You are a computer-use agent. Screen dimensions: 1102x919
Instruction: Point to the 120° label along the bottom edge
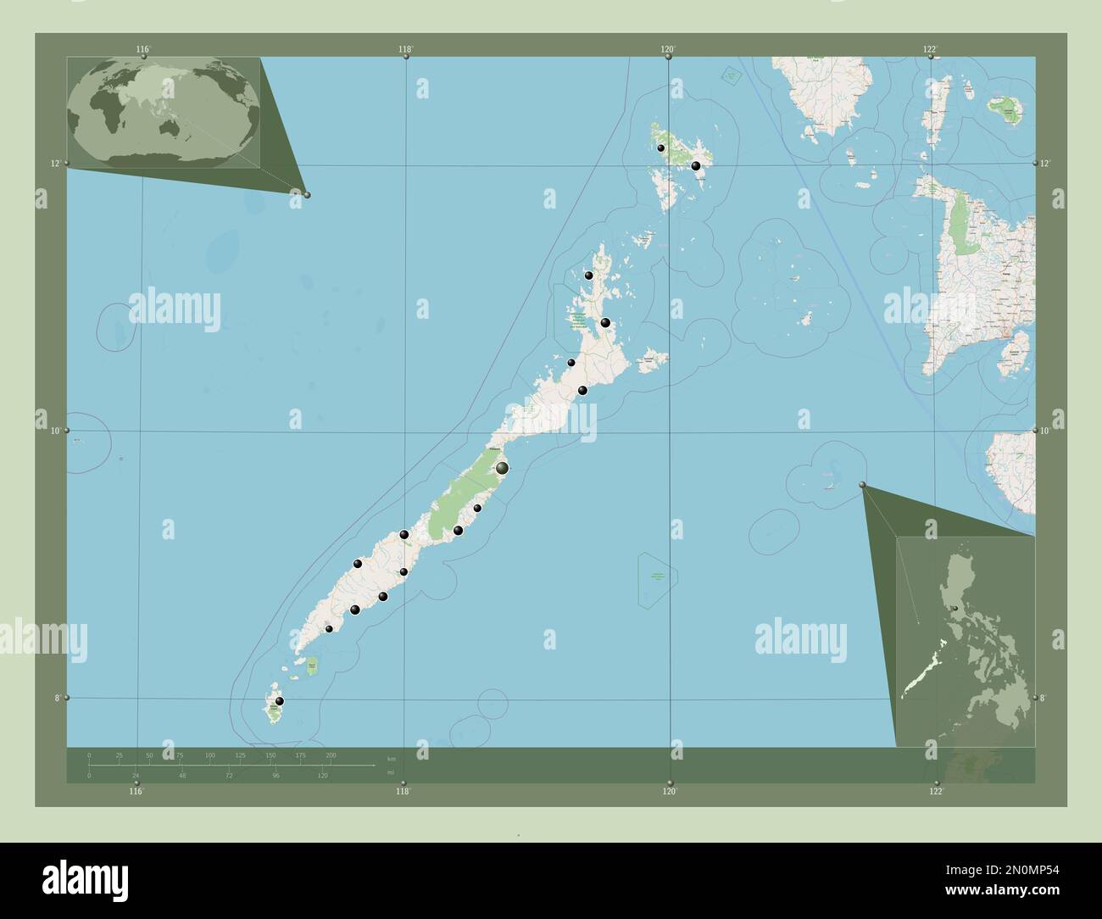point(670,791)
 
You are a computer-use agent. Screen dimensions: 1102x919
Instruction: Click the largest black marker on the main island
point(502,467)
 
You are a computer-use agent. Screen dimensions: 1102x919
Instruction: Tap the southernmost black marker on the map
point(279,701)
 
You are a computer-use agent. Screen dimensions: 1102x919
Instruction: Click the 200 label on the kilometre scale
point(331,755)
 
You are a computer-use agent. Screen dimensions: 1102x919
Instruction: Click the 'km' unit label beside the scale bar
point(391,759)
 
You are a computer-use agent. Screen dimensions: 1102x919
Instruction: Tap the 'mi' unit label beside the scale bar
point(390,772)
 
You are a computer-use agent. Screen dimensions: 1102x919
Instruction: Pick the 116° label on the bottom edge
point(136,791)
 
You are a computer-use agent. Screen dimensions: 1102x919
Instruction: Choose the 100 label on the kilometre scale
point(209,755)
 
